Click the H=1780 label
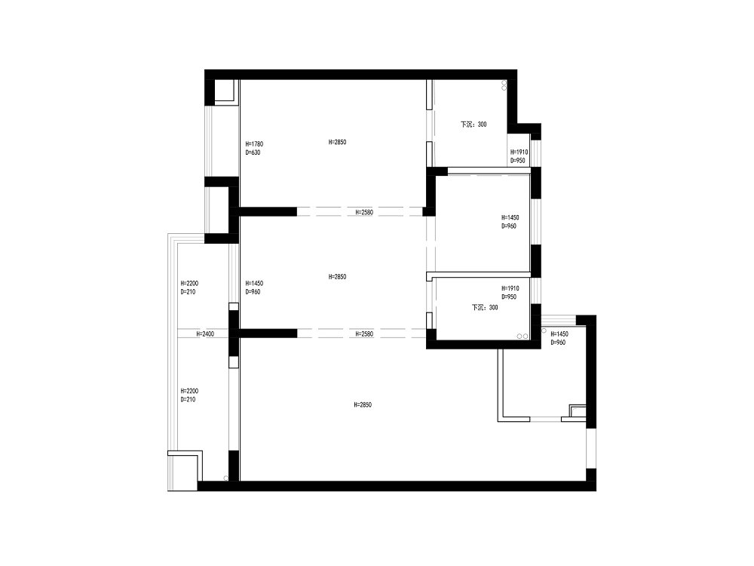(254, 144)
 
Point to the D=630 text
(253, 152)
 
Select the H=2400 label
(205, 334)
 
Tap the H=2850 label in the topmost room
(338, 142)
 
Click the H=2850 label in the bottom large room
(363, 405)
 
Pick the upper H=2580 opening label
(364, 212)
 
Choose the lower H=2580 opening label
(364, 334)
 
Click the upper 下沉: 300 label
(474, 125)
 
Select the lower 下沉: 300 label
(485, 307)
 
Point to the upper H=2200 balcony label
(189, 284)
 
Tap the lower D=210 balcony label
(188, 399)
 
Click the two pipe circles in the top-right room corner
(504, 86)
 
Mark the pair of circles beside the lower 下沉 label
(523, 336)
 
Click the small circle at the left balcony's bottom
(225, 478)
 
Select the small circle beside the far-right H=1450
(544, 331)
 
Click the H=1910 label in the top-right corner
(520, 152)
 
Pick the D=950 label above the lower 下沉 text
(509, 297)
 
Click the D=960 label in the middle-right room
(509, 226)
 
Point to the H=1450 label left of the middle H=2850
(254, 284)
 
